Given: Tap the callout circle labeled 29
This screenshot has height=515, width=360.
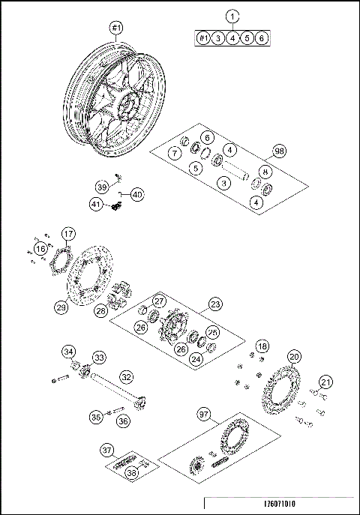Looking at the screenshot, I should (61, 306).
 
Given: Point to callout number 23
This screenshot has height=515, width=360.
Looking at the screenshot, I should (215, 304).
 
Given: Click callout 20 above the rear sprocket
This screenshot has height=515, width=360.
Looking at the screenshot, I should (294, 356).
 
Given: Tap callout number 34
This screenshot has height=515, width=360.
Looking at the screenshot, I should (69, 352).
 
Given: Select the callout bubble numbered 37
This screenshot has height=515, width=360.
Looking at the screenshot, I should (108, 450).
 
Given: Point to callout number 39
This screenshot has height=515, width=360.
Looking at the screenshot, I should (102, 186).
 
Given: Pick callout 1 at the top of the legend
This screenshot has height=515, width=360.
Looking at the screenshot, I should (232, 16).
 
